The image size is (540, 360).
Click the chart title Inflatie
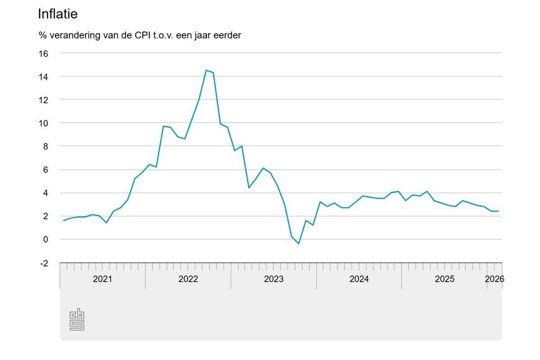click(58, 14)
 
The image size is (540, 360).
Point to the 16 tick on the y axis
click(44, 53)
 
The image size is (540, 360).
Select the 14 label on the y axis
click(44, 76)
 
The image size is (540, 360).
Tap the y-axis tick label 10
click(44, 123)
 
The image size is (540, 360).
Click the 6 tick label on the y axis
click(46, 170)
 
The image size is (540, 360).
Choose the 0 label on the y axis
click(46, 239)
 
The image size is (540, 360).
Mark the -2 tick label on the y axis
click(44, 263)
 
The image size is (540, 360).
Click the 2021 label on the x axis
click(103, 279)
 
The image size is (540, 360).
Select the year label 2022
click(188, 279)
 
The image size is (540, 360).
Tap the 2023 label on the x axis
click(274, 279)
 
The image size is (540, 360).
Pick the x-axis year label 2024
click(359, 279)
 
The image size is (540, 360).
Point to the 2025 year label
click(445, 279)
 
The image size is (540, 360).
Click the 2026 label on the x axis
click(494, 279)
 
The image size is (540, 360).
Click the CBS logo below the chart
click(77, 319)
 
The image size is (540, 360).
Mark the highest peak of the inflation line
click(206, 70)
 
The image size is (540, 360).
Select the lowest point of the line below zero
click(299, 244)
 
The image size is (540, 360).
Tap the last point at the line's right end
click(498, 211)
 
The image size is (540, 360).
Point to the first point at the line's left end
click(63, 220)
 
